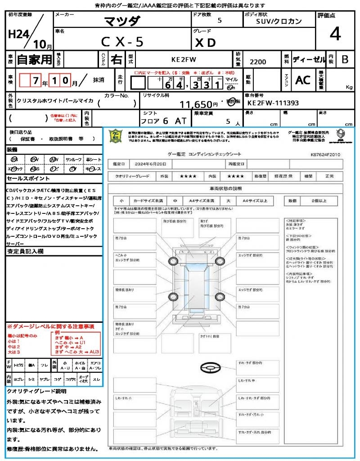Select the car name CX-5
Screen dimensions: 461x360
[x=122, y=42]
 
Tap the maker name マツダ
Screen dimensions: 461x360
[x=122, y=21]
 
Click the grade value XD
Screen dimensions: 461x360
[x=205, y=42]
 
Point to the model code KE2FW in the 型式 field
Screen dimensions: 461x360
[x=184, y=59]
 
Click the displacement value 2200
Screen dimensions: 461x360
[x=258, y=62]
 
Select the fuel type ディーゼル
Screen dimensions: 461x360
[x=309, y=59]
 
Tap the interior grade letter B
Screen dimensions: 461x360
[x=345, y=59]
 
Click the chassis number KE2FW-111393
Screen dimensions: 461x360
[x=273, y=103]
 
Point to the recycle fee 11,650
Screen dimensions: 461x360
[x=196, y=104]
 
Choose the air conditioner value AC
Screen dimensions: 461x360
[x=303, y=80]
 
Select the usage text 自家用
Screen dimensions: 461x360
[x=34, y=59]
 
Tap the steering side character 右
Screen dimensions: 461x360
[x=116, y=59]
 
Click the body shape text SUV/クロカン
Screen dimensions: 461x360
[x=279, y=21]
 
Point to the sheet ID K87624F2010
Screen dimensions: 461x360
[x=325, y=154]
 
